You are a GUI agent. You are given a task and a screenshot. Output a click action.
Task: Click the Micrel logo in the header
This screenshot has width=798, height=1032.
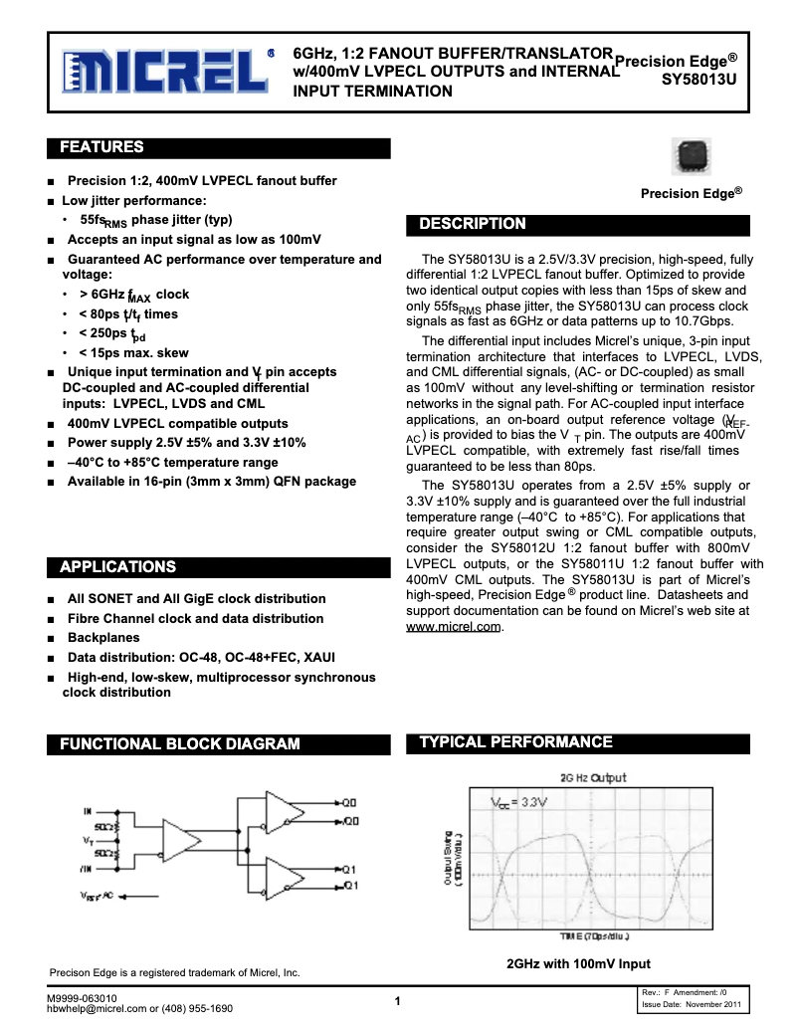click(164, 73)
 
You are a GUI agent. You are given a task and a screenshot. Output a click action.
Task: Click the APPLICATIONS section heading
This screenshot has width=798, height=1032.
click(118, 567)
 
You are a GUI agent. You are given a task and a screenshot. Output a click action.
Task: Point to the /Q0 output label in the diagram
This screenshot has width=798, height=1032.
click(350, 821)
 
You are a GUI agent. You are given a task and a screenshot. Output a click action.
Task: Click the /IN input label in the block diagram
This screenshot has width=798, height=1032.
click(87, 868)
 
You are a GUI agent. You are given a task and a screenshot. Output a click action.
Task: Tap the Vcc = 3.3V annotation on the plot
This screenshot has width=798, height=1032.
click(519, 801)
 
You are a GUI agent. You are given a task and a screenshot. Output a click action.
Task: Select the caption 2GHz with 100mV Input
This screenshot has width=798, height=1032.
click(578, 963)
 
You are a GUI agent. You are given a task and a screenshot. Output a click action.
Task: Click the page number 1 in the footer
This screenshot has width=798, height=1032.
click(397, 1001)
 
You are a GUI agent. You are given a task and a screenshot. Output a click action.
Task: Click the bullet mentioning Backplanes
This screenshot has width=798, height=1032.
click(103, 638)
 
